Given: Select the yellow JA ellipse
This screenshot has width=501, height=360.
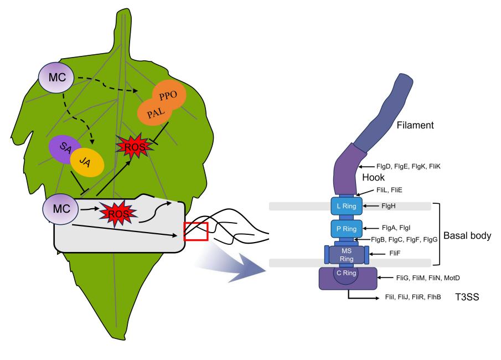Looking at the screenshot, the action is tap(87, 162).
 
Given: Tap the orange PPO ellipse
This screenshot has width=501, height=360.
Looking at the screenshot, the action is tap(169, 95).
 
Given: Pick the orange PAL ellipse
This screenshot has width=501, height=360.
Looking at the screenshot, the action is tap(155, 112).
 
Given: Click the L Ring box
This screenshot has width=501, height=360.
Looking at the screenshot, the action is tap(347, 206).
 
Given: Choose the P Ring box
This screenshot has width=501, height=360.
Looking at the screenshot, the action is tap(347, 229).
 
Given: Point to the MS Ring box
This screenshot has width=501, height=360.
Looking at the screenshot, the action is tap(347, 255).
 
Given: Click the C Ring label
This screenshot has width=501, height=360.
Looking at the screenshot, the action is tap(347, 273).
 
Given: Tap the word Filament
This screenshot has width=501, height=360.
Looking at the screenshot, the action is tap(415, 125).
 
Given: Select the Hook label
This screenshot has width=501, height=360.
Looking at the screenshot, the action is tap(373, 177).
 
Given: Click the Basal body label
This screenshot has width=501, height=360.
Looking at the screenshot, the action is tap(467, 235).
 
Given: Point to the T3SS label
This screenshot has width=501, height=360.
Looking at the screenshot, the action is tap(467, 297).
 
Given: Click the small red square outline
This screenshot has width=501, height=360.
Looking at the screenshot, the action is tap(196, 231).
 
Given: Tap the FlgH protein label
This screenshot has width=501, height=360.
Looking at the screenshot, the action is tap(388, 206).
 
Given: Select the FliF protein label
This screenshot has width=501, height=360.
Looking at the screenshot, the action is tap(395, 253).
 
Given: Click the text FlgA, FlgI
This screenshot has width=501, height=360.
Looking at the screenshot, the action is tap(396, 228).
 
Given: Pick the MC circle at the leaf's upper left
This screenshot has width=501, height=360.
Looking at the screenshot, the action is tap(56, 78).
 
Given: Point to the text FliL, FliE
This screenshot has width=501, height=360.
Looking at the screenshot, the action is tap(389, 190).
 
